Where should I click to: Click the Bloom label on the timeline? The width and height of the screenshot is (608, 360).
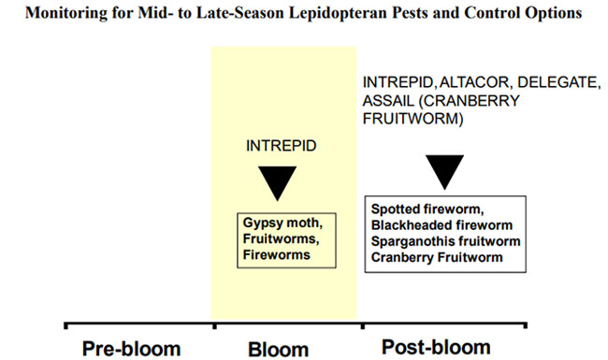[278, 348]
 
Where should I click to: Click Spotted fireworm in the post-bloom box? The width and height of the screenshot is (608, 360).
[422, 208]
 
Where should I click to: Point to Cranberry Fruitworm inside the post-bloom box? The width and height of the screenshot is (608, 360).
[429, 255]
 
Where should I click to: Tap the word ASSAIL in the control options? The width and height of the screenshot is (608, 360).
[385, 102]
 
